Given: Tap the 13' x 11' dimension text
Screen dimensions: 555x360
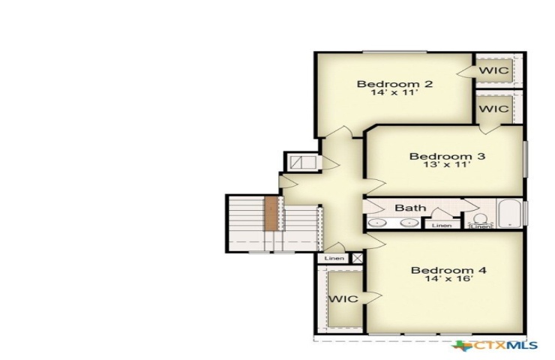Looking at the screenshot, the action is click(447, 164).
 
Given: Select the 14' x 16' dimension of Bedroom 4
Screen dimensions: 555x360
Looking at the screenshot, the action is click(449, 278).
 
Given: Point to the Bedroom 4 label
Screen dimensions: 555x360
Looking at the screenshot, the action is click(448, 271).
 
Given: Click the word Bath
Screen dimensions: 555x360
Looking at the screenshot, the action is click(410, 208).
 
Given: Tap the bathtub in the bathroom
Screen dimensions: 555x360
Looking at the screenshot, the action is click(510, 214).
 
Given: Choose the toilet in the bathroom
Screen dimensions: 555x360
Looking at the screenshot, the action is click(480, 220).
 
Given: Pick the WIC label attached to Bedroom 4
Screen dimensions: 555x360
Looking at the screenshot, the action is click(343, 298).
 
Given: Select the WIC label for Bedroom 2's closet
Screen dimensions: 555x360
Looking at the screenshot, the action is click(494, 70).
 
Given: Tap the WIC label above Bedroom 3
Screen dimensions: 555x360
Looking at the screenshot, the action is click(494, 109).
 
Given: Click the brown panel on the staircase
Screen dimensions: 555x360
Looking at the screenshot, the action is click(271, 214).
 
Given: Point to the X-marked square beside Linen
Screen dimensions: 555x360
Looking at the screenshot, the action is click(357, 258).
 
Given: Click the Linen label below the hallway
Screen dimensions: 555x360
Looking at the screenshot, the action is click(334, 259).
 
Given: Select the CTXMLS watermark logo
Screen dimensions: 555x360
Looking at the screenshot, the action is click(495, 345).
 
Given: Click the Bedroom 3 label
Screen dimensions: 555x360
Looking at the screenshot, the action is click(447, 156).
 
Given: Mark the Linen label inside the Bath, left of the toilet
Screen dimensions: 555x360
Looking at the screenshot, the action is click(442, 225).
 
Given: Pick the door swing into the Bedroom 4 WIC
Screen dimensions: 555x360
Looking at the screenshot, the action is click(373, 297).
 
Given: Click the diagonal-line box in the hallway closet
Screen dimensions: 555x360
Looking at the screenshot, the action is click(303, 162).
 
